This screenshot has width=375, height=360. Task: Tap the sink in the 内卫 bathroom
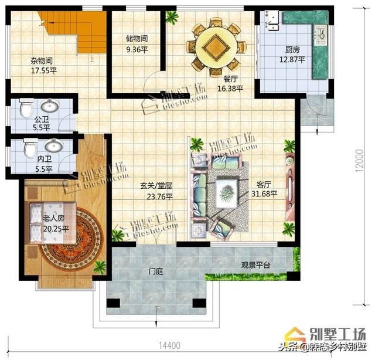click(54, 145)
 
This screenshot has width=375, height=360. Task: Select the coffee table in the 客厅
click(225, 192)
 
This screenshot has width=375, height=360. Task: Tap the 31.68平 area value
click(264, 194)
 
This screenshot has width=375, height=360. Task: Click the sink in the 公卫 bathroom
click(50, 107)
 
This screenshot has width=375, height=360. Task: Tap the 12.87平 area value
click(292, 60)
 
